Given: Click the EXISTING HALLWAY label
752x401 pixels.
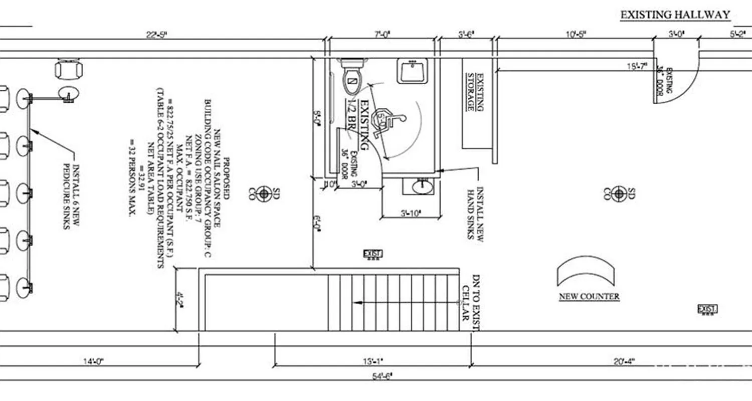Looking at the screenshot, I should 675,15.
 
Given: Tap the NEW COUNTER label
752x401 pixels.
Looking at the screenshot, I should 589,297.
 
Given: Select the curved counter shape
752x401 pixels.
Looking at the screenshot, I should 586,271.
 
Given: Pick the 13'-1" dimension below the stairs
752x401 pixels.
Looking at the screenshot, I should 372,361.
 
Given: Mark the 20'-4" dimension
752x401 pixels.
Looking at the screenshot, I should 623,361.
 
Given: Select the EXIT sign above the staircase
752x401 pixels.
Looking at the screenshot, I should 372,255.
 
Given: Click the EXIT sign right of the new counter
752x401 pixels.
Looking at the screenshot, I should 707,309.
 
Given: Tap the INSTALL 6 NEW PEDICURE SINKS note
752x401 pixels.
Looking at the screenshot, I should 71,196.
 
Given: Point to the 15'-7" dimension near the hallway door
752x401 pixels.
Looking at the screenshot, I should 637,66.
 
